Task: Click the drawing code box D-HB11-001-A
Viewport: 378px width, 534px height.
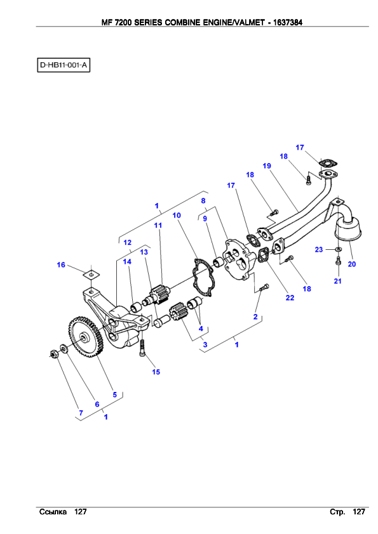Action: (x=64, y=65)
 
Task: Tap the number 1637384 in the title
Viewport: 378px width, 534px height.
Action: (x=288, y=22)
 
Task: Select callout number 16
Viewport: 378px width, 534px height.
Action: (x=61, y=264)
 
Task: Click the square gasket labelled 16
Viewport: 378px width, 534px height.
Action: (x=91, y=273)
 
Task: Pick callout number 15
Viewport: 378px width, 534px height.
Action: (x=156, y=372)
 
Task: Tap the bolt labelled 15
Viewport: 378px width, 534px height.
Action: (x=142, y=348)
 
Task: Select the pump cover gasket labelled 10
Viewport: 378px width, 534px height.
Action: (x=203, y=277)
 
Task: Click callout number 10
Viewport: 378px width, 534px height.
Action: (x=177, y=215)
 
